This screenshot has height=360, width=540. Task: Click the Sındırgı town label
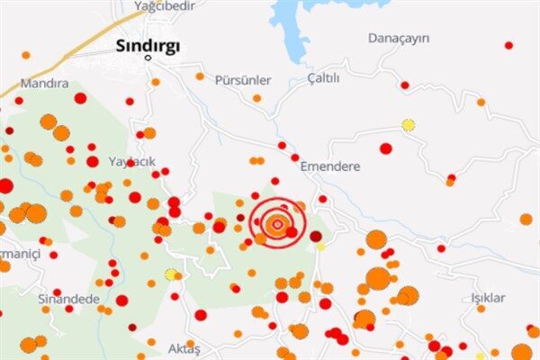click(148, 45)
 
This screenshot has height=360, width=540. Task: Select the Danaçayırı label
click(399, 38)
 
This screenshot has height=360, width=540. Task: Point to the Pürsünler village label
click(242, 79)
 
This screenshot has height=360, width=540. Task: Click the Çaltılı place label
click(324, 78)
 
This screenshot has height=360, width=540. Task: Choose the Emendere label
click(329, 166)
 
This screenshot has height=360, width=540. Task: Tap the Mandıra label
click(46, 83)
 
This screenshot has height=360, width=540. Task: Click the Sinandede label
click(68, 298)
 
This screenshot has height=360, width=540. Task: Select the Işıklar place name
click(488, 298)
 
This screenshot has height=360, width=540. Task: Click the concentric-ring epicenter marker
click(278, 222)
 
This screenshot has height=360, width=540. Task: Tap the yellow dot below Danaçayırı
click(409, 125)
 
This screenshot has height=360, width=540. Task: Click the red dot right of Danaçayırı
click(508, 45)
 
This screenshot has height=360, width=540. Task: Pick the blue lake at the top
click(292, 22)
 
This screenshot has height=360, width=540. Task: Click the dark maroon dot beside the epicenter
click(316, 236)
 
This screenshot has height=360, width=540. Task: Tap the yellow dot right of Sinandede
click(170, 274)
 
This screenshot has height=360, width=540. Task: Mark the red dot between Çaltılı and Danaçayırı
click(405, 85)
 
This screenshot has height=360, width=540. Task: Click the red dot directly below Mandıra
click(80, 98)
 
